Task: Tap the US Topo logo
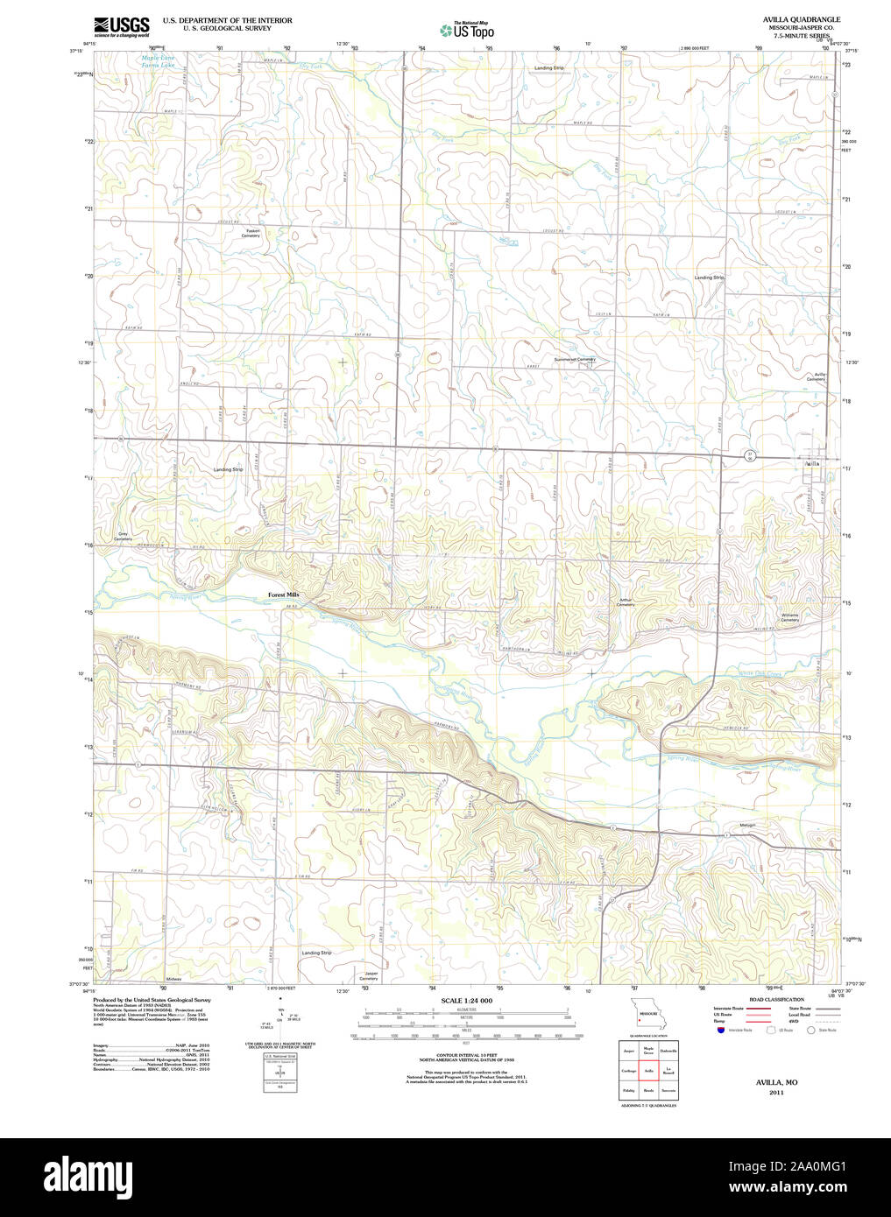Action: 467,31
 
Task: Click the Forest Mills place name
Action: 284,594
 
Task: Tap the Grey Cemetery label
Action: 124,536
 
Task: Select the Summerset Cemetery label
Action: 574,359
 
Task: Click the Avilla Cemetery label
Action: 816,376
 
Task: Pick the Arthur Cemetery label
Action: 626,602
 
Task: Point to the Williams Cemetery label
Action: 789,617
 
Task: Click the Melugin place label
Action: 746,825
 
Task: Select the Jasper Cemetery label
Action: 371,975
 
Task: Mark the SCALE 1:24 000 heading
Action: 466,1001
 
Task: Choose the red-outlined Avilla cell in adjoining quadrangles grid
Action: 649,1070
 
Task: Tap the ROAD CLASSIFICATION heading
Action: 776,999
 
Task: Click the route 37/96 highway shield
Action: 750,455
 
